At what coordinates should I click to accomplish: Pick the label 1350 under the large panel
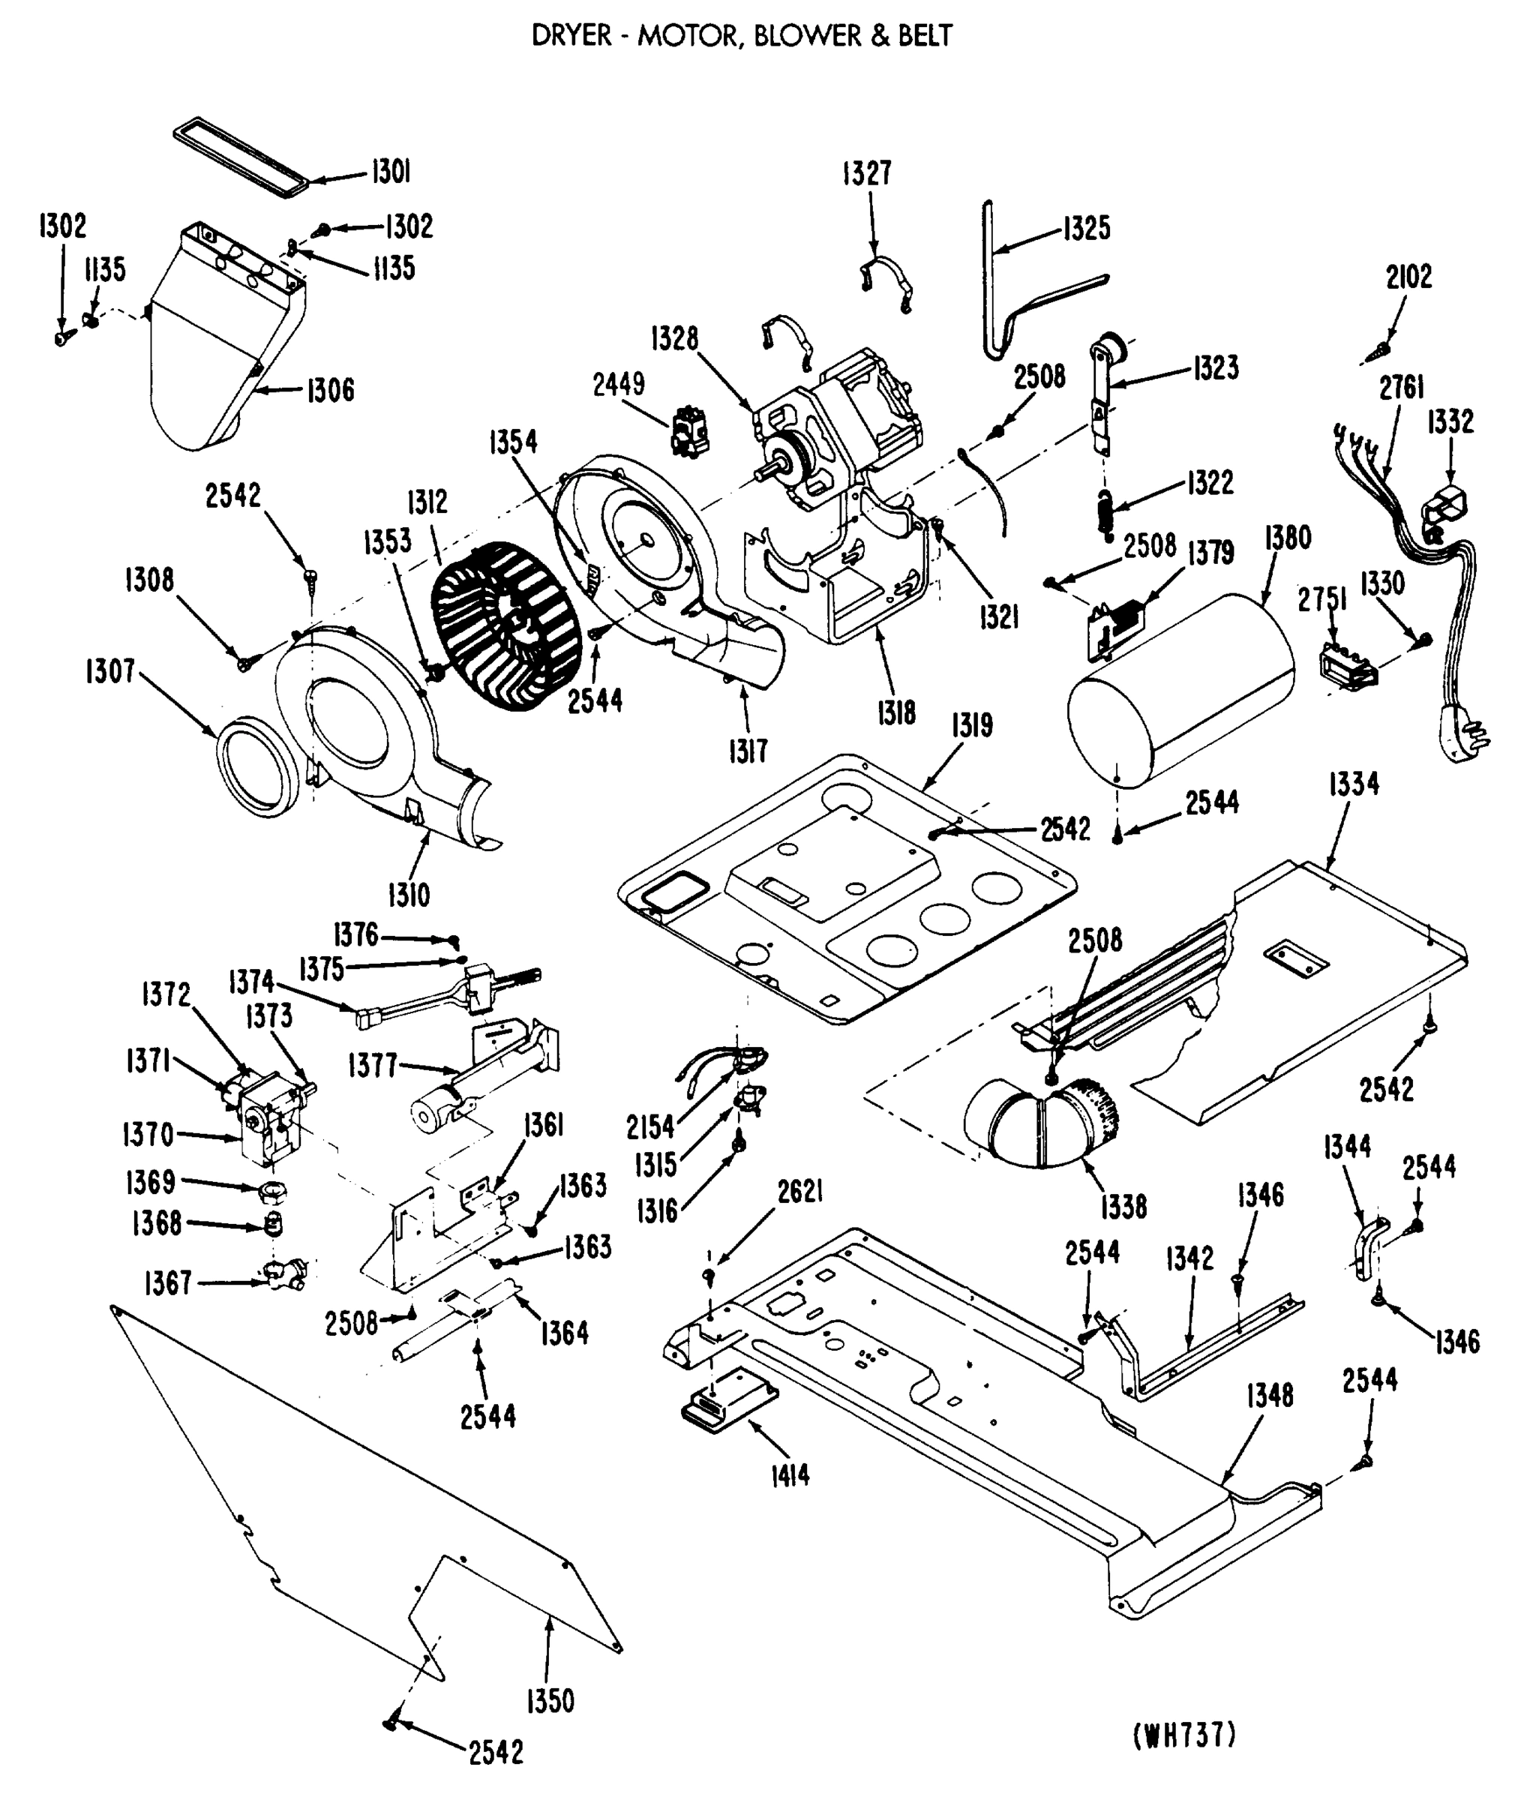point(550,1701)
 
